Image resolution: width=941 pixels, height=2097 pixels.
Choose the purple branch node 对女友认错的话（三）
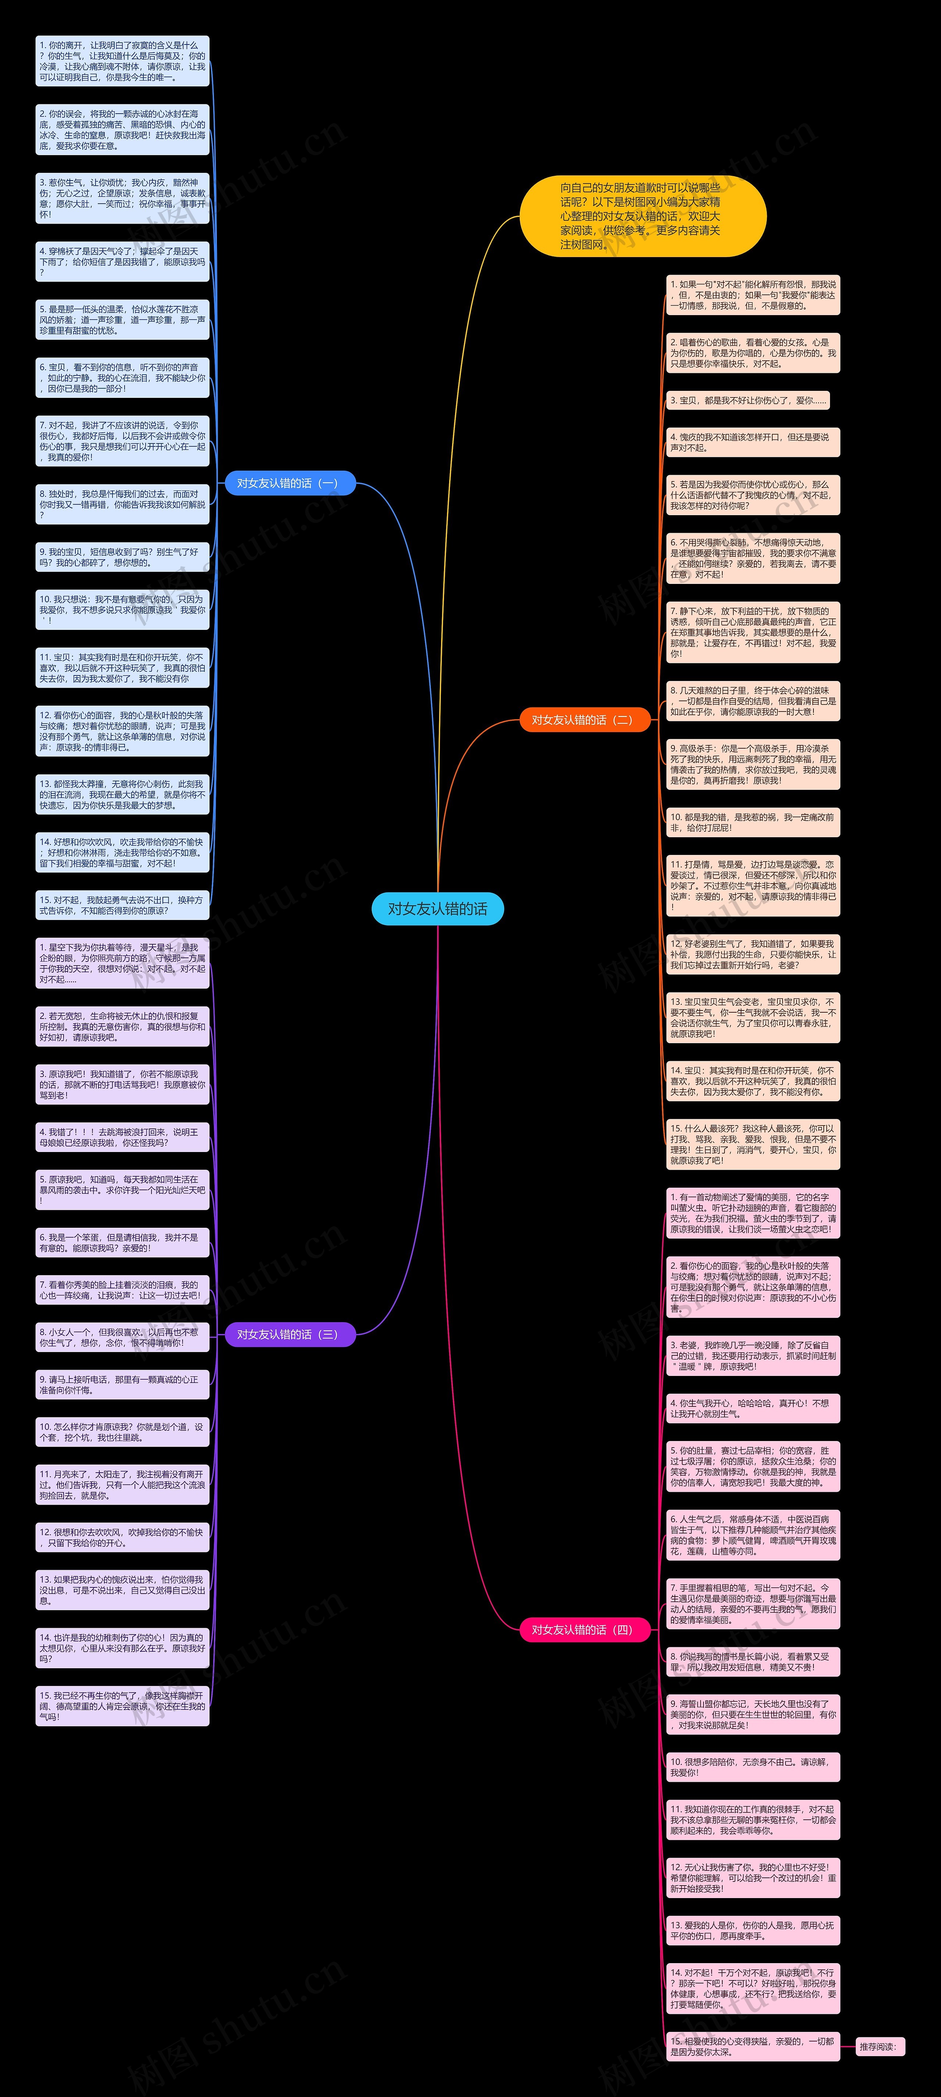[x=290, y=1334]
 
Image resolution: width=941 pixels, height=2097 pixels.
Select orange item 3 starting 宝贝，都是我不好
[x=747, y=400]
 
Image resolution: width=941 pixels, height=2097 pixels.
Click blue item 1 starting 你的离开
[x=122, y=61]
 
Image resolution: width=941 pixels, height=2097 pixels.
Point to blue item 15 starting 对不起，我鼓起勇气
[x=122, y=905]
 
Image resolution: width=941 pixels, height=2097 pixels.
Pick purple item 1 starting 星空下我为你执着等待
[x=122, y=963]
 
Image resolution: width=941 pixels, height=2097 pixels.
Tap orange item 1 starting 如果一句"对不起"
[x=752, y=295]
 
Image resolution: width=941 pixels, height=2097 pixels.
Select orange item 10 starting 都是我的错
[x=752, y=822]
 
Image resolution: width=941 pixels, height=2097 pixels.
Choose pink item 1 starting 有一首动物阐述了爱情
[x=752, y=1213]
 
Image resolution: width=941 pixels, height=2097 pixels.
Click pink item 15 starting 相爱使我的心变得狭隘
[x=752, y=2047]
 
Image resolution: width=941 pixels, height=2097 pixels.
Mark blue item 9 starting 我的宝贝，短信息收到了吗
[x=122, y=557]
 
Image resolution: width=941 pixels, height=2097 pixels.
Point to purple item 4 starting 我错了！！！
[x=122, y=1137]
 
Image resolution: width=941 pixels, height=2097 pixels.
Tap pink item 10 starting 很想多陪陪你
[x=752, y=1766]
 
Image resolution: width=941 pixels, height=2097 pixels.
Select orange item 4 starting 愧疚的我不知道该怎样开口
[x=752, y=442]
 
